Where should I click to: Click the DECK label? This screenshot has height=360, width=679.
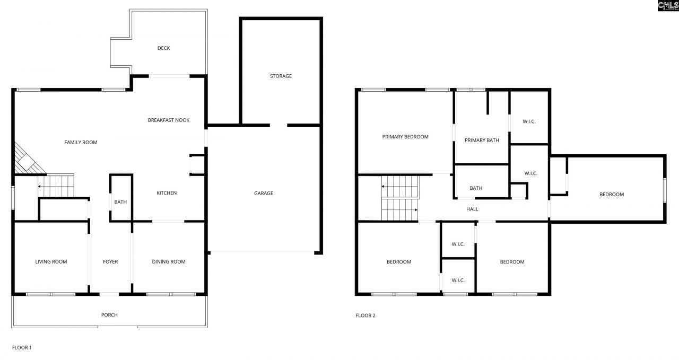[x=163, y=48]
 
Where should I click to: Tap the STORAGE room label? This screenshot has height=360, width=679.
[x=281, y=76]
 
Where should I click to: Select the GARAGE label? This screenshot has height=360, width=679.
[x=263, y=194]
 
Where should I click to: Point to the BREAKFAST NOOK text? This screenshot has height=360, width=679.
[x=168, y=120]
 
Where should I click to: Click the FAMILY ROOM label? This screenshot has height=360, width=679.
[x=81, y=142]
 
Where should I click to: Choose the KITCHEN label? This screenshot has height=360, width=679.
[x=166, y=193]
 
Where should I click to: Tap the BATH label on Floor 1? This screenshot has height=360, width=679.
[x=120, y=202]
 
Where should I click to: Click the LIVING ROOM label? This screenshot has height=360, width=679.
[x=51, y=262]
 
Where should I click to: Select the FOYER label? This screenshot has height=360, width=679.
[x=110, y=262]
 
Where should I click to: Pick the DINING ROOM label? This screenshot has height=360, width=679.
[x=169, y=262]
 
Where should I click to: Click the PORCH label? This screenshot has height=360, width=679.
[x=109, y=315]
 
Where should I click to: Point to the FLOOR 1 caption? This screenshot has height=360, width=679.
[x=22, y=348]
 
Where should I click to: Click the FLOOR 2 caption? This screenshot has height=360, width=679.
[x=365, y=315]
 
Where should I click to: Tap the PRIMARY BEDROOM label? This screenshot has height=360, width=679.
[x=405, y=137]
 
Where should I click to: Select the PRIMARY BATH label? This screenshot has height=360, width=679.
[x=482, y=141]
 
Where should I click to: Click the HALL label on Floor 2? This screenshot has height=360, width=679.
[x=472, y=209]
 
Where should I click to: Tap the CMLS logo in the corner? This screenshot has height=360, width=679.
[x=667, y=6]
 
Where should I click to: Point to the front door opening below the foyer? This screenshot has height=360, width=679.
[x=110, y=294]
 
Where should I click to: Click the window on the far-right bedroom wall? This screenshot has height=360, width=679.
[x=664, y=190]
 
